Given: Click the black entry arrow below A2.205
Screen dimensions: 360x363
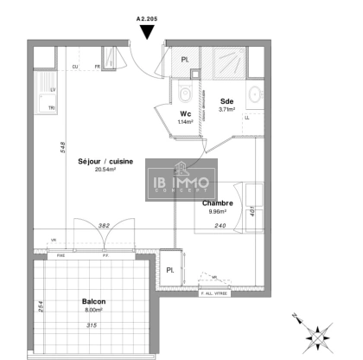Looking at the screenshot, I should click(148, 32).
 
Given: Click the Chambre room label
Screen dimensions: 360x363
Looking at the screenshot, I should click(217, 204).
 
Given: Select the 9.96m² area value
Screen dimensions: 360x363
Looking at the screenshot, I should click(216, 212).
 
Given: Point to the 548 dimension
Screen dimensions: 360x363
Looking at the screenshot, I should click(62, 147).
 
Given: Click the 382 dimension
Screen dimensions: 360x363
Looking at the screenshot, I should click(104, 224).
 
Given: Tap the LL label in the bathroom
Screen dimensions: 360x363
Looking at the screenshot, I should click(249, 117).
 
